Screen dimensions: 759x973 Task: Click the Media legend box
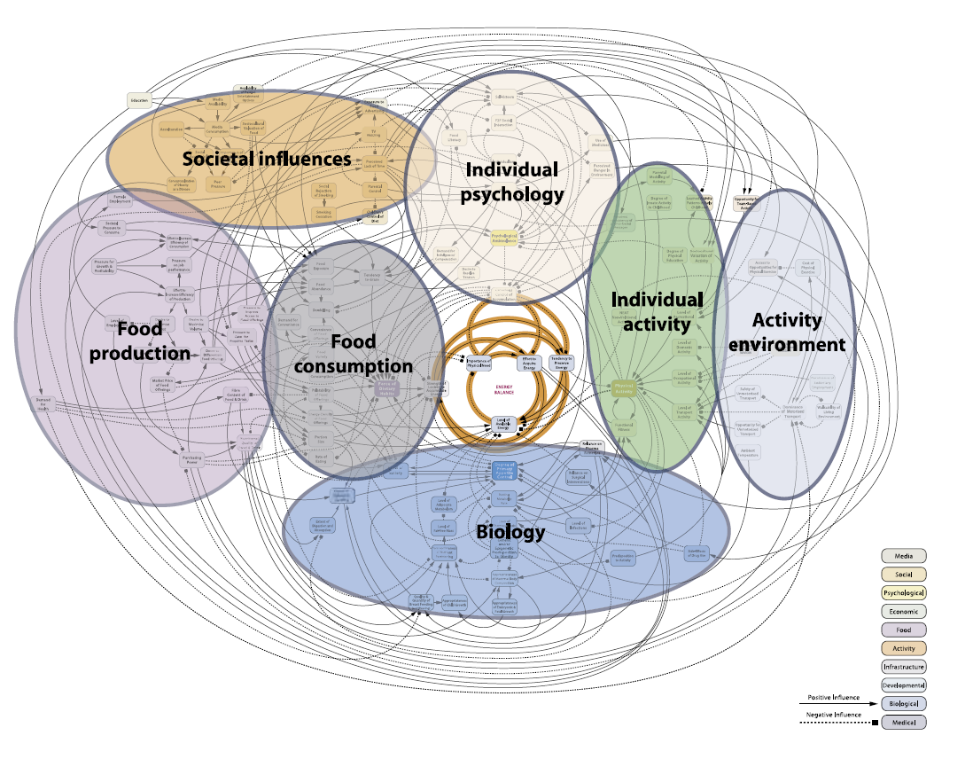tap(903, 556)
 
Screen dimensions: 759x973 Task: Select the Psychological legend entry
tap(903, 592)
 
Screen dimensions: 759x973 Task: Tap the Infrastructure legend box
tap(903, 667)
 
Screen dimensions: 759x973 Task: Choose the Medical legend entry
tap(903, 723)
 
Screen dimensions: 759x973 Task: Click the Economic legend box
tap(903, 611)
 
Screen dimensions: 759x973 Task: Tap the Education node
tap(140, 100)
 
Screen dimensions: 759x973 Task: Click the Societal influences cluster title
tap(267, 160)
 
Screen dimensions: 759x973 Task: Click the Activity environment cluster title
tap(787, 332)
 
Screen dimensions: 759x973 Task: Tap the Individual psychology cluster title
tap(513, 181)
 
